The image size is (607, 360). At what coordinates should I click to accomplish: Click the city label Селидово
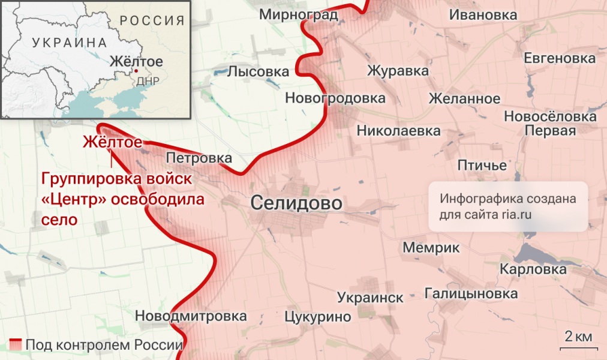point(296,203)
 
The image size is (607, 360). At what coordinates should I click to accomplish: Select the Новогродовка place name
point(335,98)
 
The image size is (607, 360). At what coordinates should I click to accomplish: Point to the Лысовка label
point(258,72)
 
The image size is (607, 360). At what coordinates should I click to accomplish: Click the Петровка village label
point(199,158)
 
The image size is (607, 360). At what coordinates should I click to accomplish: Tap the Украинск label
point(370,297)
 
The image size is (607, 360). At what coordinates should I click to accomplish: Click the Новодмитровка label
point(191,316)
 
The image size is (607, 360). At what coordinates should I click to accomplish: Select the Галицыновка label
point(471,294)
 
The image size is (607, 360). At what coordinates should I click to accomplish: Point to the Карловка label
point(533,269)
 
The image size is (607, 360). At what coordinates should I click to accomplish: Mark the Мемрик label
point(431,247)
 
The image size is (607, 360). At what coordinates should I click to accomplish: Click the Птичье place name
point(482,165)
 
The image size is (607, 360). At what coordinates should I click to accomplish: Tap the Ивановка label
point(483,15)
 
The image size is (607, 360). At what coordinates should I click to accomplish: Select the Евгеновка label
point(559,58)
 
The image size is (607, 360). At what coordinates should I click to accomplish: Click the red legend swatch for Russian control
point(16,345)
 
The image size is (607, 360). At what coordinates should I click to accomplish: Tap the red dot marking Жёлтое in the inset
point(136,71)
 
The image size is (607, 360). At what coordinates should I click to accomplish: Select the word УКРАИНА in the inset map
point(70,43)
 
